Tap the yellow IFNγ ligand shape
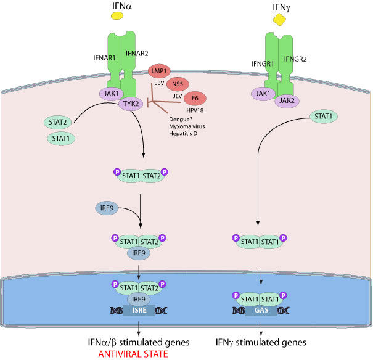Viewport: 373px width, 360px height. click(281, 20)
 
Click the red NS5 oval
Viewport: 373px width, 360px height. click(179, 83)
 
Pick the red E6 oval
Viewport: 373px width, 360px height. click(195, 98)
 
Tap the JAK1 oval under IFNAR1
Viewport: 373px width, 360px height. click(111, 94)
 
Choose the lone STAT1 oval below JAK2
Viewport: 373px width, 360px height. click(325, 116)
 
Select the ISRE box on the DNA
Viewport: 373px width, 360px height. click(134, 310)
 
